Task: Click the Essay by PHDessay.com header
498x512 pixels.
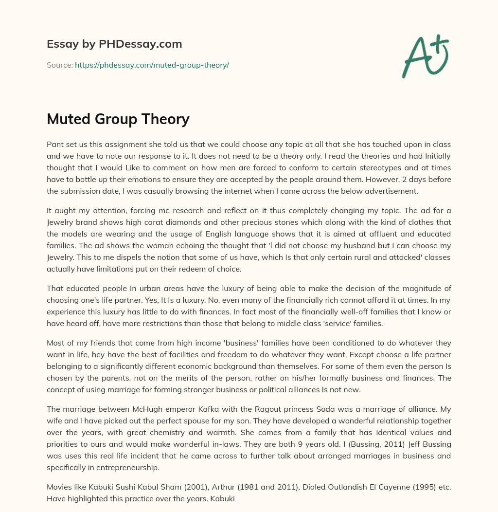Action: point(114,44)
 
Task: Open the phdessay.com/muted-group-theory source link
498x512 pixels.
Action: point(152,65)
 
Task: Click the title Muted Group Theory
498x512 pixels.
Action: point(118,119)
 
